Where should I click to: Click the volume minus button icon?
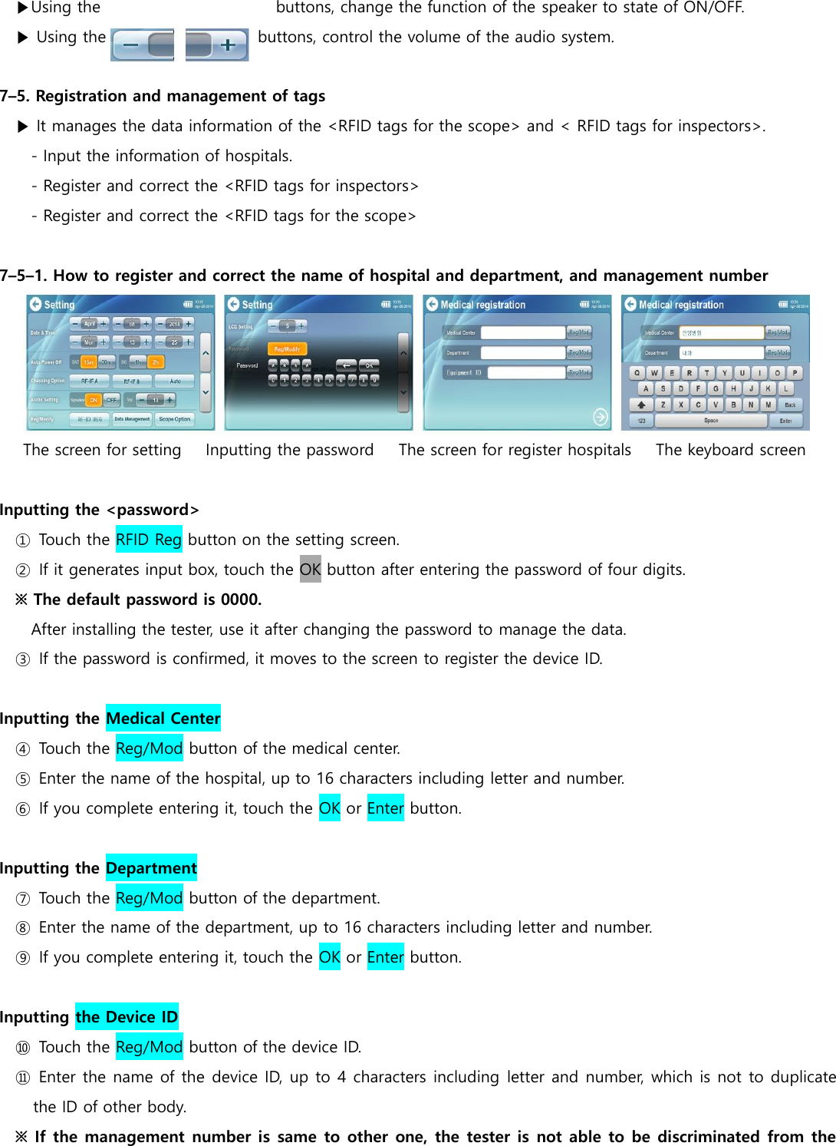142,45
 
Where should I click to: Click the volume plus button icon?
217,45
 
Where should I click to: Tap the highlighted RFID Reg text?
149,540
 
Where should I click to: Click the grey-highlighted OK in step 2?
310,570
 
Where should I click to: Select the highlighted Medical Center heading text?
163,718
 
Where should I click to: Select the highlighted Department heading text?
151,868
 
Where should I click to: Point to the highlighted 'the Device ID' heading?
127,1017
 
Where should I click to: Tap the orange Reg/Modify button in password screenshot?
287,349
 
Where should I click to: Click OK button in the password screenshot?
369,365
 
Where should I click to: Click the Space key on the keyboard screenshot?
711,421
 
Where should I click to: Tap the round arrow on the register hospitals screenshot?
601,417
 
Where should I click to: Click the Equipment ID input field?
526,373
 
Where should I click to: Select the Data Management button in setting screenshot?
132,419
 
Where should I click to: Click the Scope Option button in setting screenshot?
174,419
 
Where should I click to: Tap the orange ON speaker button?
93,400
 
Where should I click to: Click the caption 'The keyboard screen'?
730,450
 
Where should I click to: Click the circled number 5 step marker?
23,779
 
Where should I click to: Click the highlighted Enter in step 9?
385,957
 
